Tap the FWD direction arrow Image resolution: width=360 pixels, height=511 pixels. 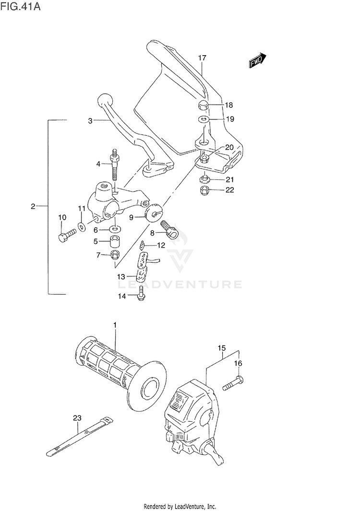(257, 61)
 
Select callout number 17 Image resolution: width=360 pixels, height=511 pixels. (202, 58)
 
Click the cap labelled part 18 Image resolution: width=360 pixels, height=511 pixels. (203, 106)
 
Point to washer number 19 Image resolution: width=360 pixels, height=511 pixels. (203, 119)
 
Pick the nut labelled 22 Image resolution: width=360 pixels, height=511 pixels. (203, 191)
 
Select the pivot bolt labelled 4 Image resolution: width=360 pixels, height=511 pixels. (115, 165)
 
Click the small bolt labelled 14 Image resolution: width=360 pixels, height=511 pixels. (141, 293)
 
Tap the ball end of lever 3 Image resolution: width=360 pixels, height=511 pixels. (104, 102)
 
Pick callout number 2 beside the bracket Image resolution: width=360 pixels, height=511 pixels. (33, 206)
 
